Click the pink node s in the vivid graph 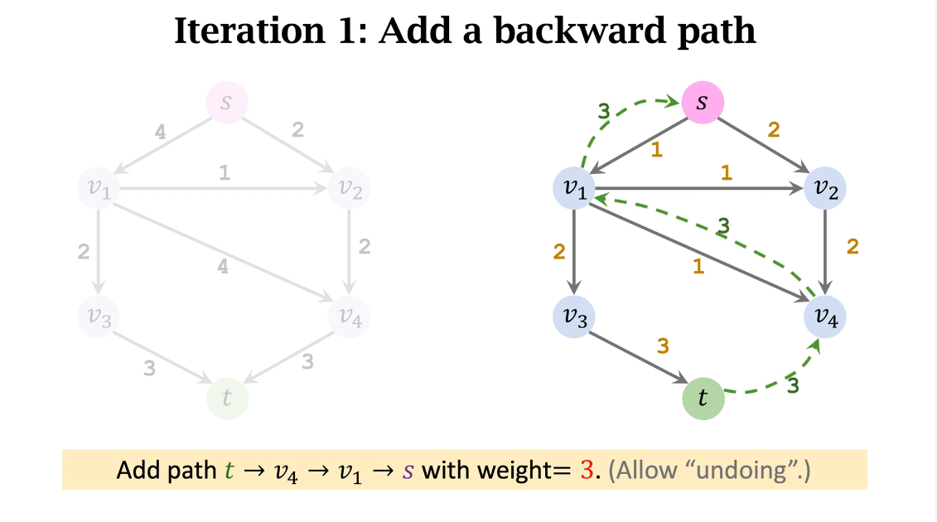coord(703,104)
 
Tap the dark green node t coord(703,399)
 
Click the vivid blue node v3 coord(574,316)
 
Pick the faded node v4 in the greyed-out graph coord(349,316)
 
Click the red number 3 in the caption coord(587,471)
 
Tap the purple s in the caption coord(407,471)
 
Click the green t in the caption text coord(229,471)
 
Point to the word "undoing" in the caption coord(742,471)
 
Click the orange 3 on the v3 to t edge coord(662,346)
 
